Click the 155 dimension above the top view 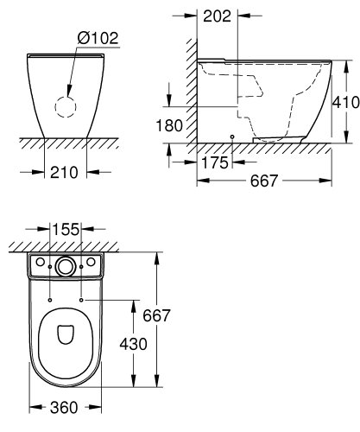coord(66,231)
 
